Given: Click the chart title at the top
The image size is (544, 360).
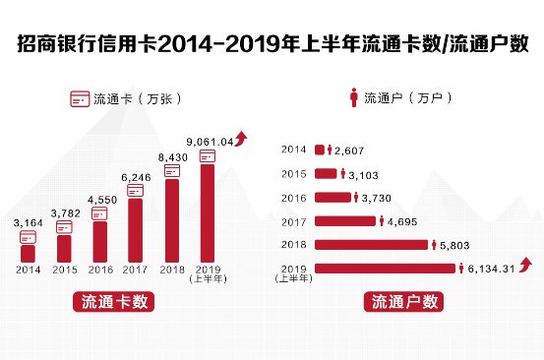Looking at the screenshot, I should pos(272,44).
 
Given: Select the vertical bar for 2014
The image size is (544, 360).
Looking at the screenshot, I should pos(28,253).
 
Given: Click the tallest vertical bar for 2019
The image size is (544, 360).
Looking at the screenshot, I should pos(208,212).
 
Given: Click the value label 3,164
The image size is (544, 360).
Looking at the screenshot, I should pos(28,223).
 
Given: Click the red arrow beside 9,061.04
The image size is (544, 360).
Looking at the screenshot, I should pos(242,139).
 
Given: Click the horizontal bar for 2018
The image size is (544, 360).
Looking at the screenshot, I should pos(371,244).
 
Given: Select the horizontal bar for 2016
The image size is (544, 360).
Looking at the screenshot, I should pos(335,197).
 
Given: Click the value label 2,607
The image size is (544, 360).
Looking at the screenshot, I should pos(351,150).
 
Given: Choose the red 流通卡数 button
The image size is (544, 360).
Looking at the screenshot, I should pos(114,302).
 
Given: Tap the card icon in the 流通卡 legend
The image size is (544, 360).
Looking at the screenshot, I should pos(79,99).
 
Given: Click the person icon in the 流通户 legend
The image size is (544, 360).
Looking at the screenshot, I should pos(351,98).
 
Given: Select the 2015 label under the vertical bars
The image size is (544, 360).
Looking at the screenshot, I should pos(64,270).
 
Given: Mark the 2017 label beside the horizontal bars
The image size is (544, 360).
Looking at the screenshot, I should pos(294,221).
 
